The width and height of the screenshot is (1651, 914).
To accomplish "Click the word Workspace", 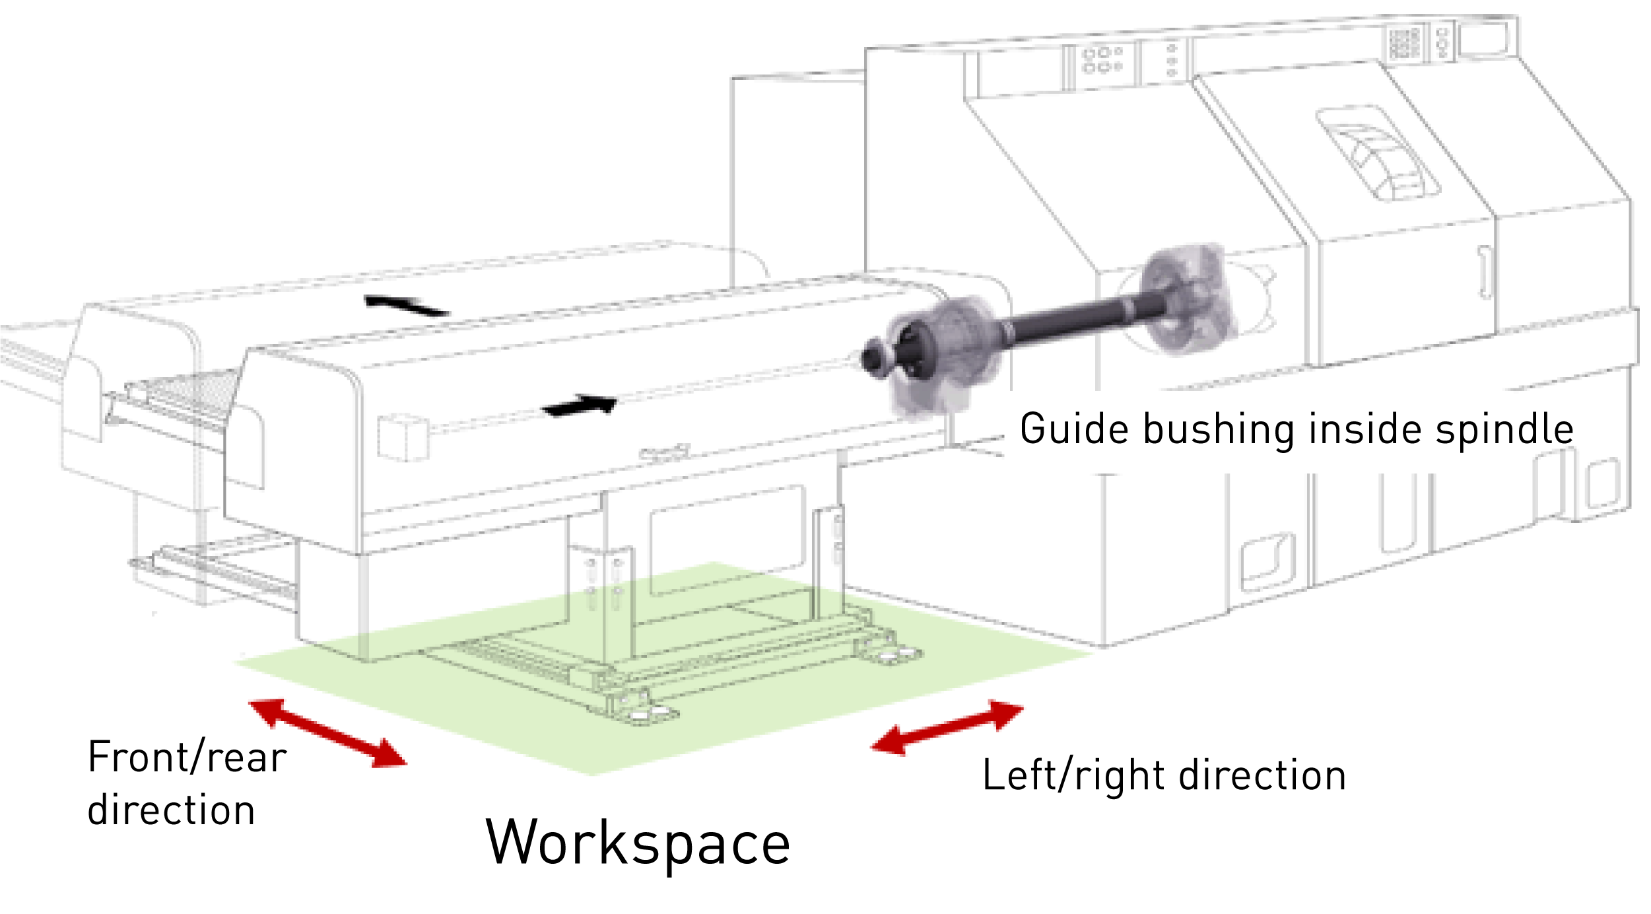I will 638,843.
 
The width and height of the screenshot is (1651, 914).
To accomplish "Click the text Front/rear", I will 187,757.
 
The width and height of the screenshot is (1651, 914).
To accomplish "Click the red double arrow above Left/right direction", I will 947,727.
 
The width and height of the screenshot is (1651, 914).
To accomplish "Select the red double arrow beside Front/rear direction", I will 327,734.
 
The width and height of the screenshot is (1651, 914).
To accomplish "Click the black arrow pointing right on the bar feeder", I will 580,405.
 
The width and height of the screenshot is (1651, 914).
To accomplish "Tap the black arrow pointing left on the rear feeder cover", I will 406,305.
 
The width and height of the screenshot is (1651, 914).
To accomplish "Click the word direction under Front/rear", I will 171,811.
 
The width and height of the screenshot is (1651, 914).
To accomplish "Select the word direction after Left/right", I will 1262,775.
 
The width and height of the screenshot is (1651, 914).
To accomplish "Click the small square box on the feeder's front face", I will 403,437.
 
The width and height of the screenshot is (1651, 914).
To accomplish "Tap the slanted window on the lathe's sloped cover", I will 1378,153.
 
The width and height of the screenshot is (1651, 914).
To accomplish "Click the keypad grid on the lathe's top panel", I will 1403,43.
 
